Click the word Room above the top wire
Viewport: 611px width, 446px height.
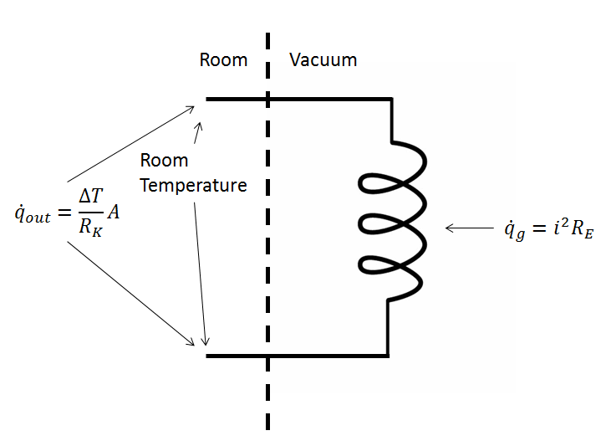[223, 60]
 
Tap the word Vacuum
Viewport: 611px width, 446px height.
[323, 60]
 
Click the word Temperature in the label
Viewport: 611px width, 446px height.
[193, 185]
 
